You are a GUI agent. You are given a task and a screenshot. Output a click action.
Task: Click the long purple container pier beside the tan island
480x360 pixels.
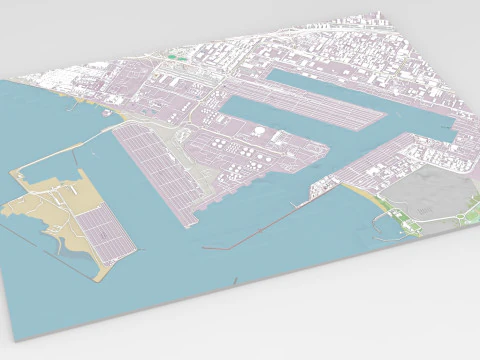click(160, 170)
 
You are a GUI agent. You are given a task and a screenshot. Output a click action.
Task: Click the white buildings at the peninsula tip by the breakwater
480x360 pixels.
click(325, 185)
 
